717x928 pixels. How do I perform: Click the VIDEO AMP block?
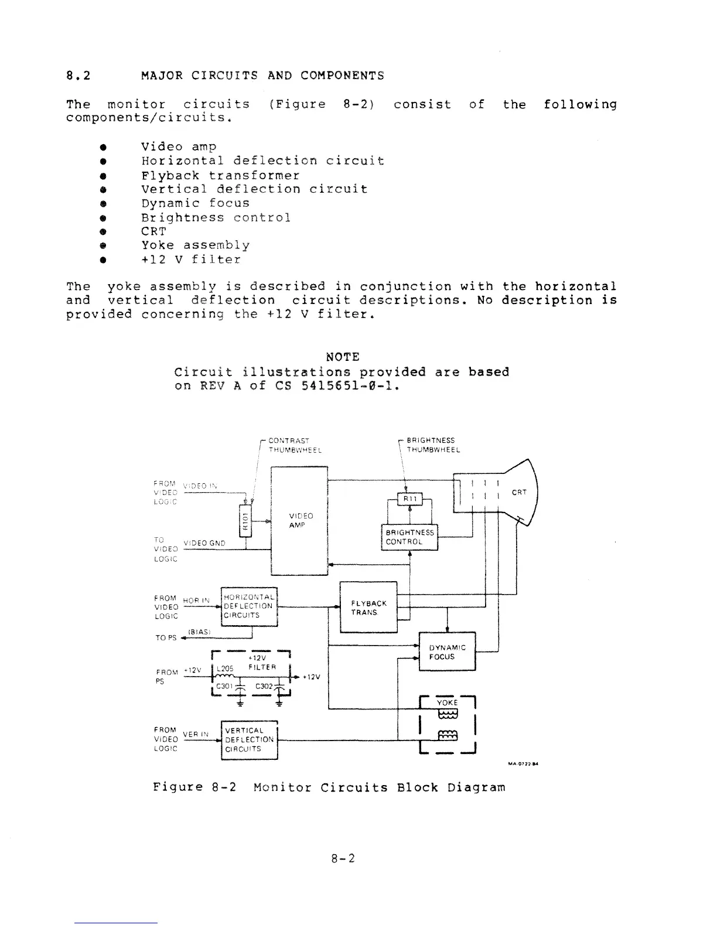click(x=299, y=521)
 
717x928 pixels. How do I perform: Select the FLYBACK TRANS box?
click(x=368, y=607)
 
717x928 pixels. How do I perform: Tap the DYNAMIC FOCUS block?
click(x=448, y=651)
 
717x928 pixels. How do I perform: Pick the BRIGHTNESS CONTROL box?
click(x=409, y=537)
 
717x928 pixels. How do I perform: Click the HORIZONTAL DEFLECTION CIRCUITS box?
click(x=248, y=606)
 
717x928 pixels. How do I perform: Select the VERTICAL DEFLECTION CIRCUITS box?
click(x=248, y=739)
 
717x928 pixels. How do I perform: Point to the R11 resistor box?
click(x=409, y=499)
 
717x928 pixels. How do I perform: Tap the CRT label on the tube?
click(x=519, y=492)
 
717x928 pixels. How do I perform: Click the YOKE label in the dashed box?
click(x=448, y=702)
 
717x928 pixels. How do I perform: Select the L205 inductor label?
click(x=225, y=668)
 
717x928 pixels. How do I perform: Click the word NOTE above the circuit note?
click(x=342, y=357)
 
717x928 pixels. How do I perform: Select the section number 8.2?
click(x=78, y=76)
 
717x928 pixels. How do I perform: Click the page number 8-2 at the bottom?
click(x=343, y=859)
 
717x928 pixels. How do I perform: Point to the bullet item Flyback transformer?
click(x=220, y=175)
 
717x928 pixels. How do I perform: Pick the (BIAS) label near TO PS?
click(x=199, y=632)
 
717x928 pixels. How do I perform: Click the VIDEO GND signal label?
click(x=204, y=543)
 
